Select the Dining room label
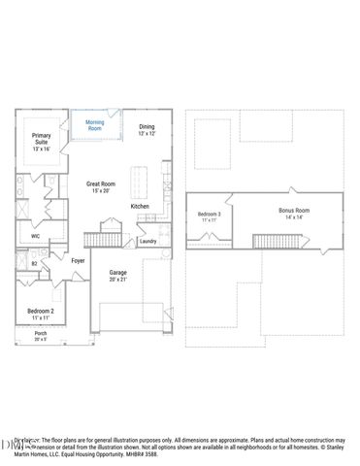pyautogui.click(x=146, y=126)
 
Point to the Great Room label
pyautogui.click(x=102, y=183)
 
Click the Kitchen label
pyautogui.click(x=140, y=206)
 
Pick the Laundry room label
pyautogui.click(x=147, y=241)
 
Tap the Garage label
pyautogui.click(x=117, y=273)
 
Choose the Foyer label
pyautogui.click(x=78, y=260)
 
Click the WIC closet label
pyautogui.click(x=35, y=236)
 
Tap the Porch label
pyautogui.click(x=41, y=337)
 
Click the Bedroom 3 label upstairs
pyautogui.click(x=210, y=215)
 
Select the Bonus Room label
pyautogui.click(x=294, y=210)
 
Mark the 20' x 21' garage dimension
pyautogui.click(x=117, y=280)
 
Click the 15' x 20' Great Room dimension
pyautogui.click(x=102, y=190)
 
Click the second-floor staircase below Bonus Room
pyautogui.click(x=268, y=240)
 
